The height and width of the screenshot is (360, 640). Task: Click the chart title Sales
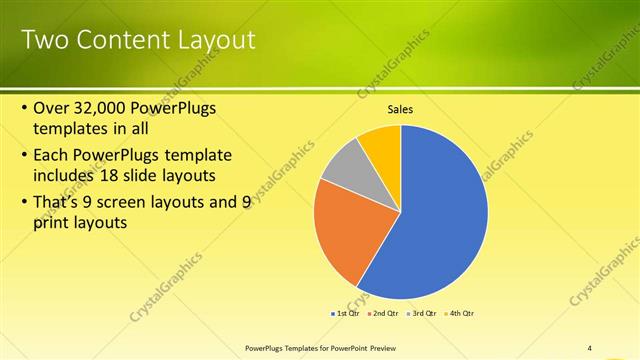(x=400, y=109)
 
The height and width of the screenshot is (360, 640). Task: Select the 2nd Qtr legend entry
(x=382, y=313)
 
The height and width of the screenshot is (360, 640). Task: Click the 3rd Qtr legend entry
(x=421, y=313)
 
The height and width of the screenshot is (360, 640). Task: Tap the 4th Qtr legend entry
(x=459, y=313)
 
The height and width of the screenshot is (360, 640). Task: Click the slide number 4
(x=589, y=347)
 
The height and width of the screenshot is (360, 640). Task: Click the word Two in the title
(x=44, y=40)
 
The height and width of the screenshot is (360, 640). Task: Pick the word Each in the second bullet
(x=53, y=156)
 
